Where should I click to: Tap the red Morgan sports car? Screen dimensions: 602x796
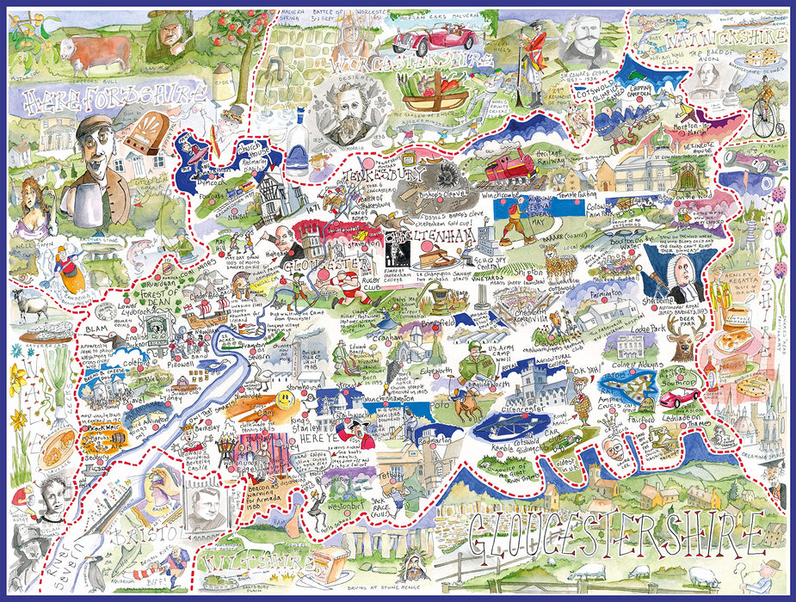(x=435, y=39)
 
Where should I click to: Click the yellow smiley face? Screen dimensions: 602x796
(x=285, y=399)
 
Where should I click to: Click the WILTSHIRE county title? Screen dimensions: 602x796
(x=245, y=563)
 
